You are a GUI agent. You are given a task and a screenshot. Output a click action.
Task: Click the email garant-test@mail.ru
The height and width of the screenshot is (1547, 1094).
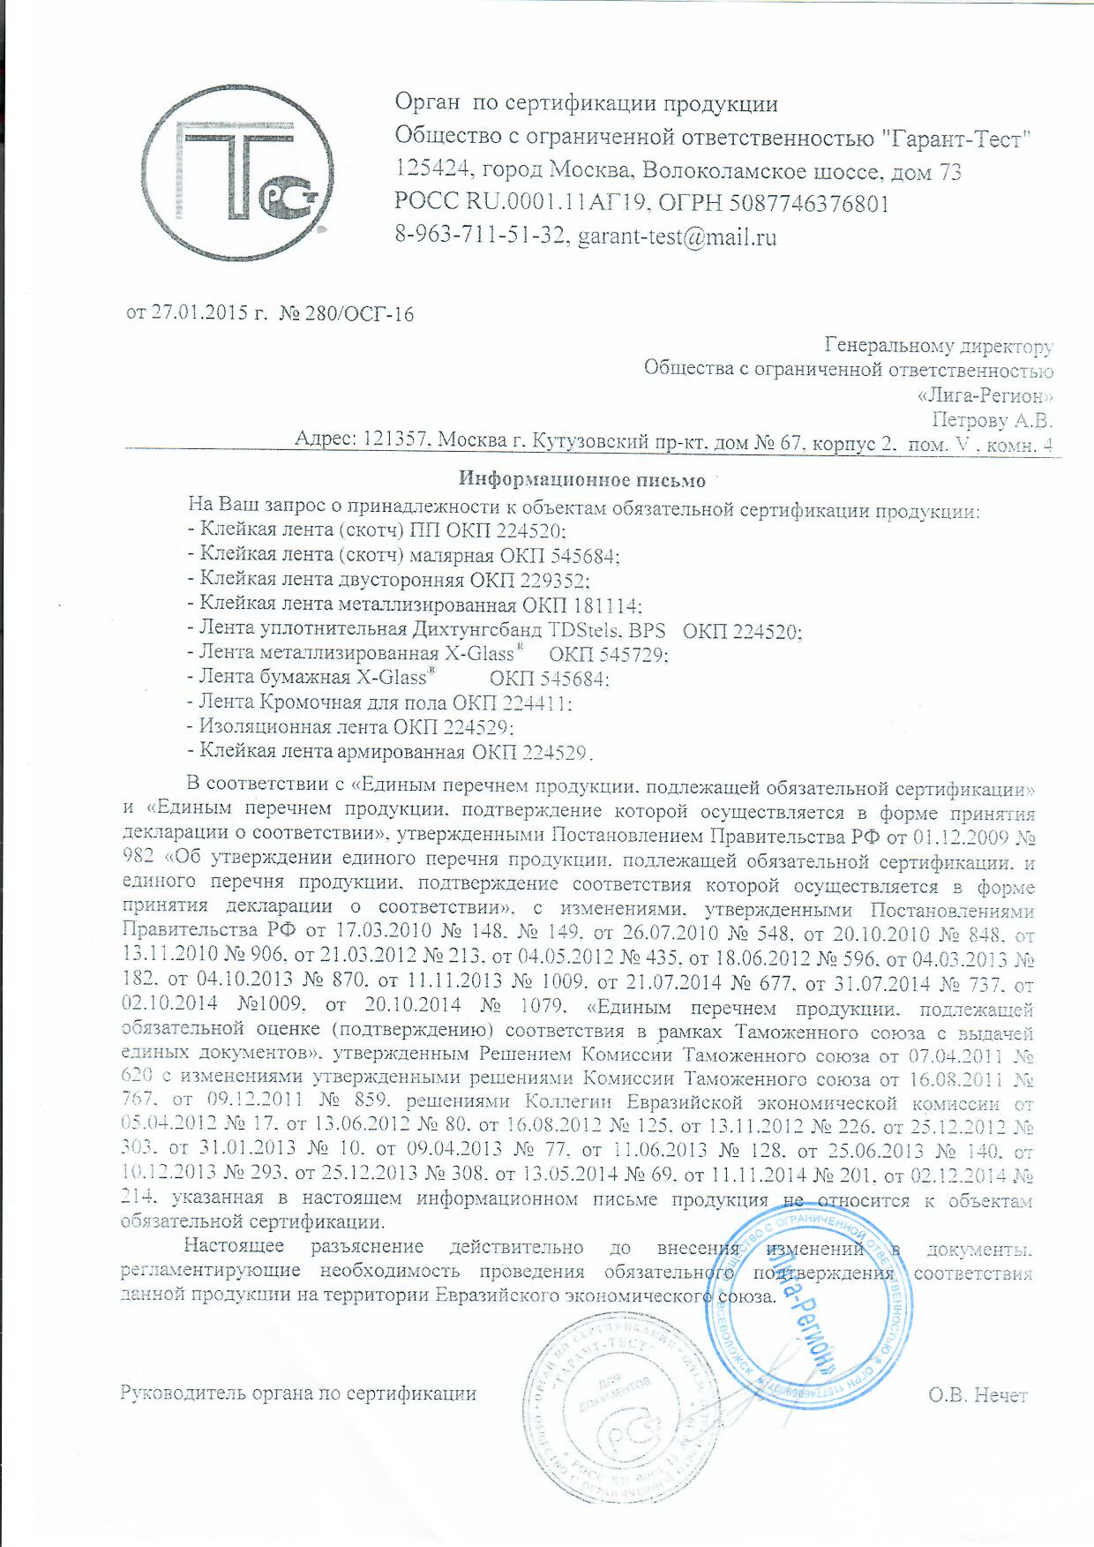677,237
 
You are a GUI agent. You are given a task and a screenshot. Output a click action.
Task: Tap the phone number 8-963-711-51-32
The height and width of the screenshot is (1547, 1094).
480,237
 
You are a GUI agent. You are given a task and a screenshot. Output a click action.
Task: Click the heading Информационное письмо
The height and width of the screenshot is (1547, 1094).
582,480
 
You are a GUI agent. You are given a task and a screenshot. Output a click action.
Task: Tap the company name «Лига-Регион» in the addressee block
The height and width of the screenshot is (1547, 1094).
985,395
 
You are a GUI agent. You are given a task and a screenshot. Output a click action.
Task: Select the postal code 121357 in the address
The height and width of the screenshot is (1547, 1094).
395,439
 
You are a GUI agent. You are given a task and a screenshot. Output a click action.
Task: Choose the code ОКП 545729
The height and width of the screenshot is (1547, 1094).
608,655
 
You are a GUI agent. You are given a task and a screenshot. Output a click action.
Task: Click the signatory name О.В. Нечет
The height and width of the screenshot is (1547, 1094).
978,1395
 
